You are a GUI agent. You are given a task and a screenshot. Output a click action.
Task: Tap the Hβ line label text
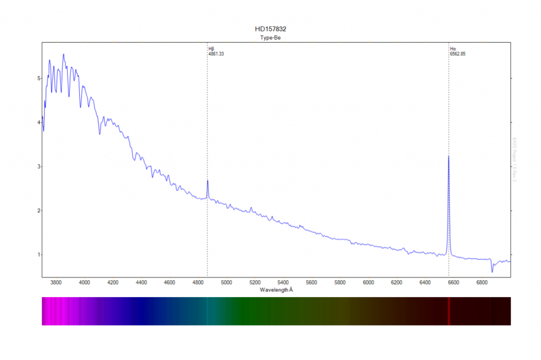point(211,49)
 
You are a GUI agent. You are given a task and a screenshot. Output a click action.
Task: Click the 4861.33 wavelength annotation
point(217,54)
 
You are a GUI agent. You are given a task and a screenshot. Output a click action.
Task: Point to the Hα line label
point(453,49)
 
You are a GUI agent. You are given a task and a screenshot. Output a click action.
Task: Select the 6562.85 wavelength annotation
point(458,54)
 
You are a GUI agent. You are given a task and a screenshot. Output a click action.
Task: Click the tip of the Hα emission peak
point(449,156)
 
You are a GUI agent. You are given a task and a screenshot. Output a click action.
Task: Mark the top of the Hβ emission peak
point(208,181)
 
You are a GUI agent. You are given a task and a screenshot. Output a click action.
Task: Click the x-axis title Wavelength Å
point(276,290)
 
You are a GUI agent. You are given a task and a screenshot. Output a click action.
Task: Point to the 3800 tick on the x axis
point(56,283)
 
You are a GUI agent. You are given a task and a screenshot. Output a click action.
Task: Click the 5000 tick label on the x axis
point(226,283)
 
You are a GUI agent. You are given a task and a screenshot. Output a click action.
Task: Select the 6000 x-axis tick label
point(368,283)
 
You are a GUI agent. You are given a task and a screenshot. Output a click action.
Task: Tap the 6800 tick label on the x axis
point(482,283)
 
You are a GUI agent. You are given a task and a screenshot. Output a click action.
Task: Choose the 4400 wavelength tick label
point(141,283)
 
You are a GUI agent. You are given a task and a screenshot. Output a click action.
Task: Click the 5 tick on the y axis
point(39,78)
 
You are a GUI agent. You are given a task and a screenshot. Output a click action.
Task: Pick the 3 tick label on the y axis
point(39,167)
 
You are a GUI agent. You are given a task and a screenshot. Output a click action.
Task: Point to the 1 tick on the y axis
point(39,255)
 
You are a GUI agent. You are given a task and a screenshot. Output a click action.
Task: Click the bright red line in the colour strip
point(449,311)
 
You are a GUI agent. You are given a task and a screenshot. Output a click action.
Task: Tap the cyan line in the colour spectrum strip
point(208,311)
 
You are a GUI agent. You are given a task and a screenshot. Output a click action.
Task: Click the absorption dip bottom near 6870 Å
point(492,272)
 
